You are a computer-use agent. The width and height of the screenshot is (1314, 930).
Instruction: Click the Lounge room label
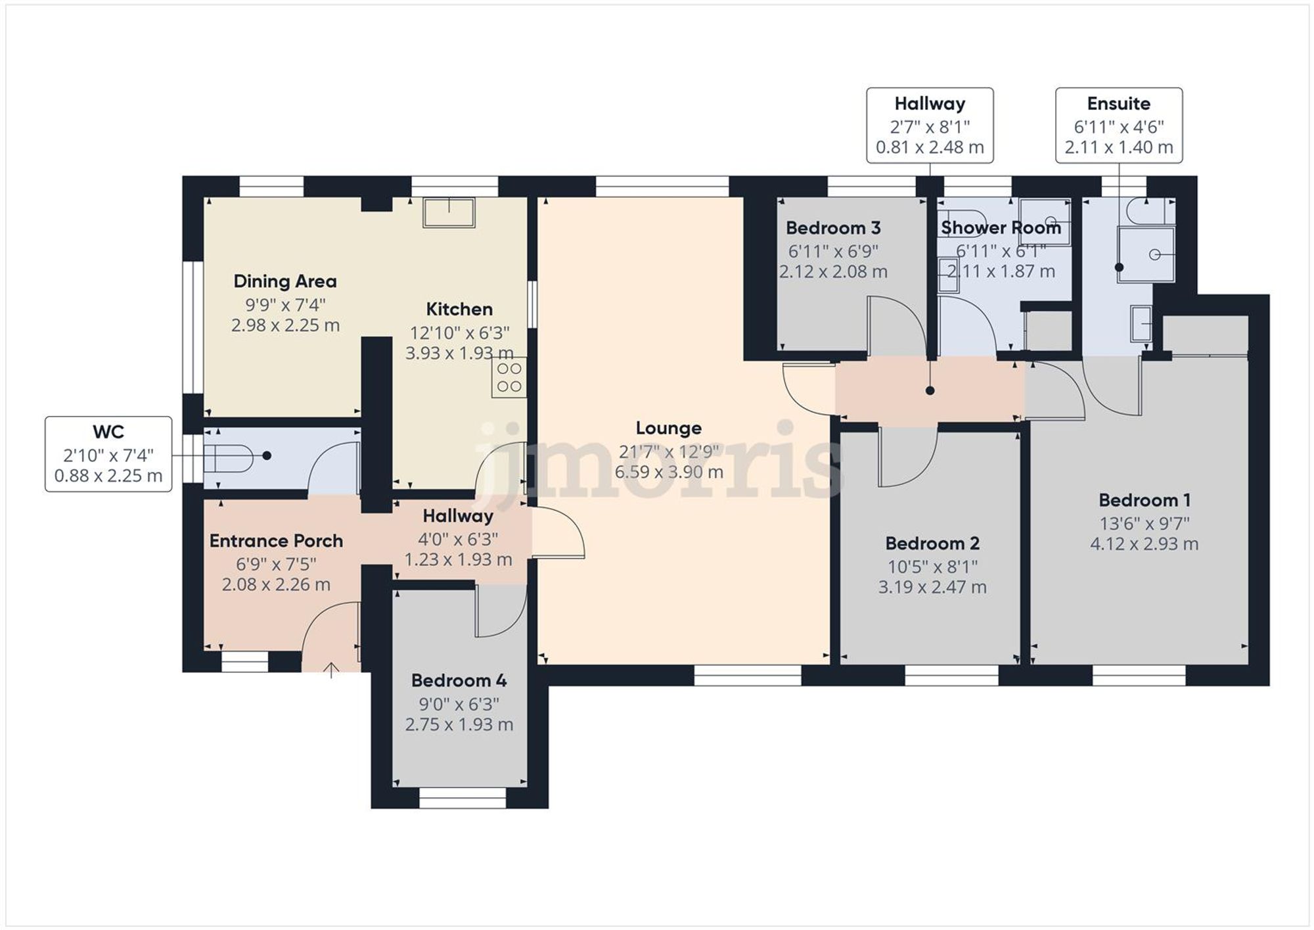668,429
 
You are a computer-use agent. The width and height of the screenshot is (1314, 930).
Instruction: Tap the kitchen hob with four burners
509,377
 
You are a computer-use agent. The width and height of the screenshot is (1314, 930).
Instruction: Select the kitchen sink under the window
449,212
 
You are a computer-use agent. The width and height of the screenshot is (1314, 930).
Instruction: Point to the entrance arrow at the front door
331,670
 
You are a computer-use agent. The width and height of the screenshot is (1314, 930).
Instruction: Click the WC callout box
108,454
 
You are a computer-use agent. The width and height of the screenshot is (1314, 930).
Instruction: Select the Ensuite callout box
1118,126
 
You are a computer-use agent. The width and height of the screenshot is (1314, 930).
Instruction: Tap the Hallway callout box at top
929,126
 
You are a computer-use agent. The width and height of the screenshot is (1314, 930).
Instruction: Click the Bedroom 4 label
459,680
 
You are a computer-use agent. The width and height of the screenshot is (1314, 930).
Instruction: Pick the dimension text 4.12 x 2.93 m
1144,544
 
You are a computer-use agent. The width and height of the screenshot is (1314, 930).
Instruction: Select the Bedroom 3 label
832,228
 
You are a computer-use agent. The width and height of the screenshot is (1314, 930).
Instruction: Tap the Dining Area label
285,281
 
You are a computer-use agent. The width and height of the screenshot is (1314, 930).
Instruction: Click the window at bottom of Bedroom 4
463,798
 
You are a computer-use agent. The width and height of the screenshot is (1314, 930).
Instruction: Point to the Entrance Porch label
276,541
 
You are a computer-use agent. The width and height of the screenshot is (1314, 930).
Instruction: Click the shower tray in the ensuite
1146,254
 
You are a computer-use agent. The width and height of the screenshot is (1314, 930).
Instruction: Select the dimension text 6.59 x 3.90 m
668,472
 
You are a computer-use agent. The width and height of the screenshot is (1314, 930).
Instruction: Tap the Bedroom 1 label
1144,500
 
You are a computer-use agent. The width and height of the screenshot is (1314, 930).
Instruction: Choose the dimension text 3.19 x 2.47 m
932,587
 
